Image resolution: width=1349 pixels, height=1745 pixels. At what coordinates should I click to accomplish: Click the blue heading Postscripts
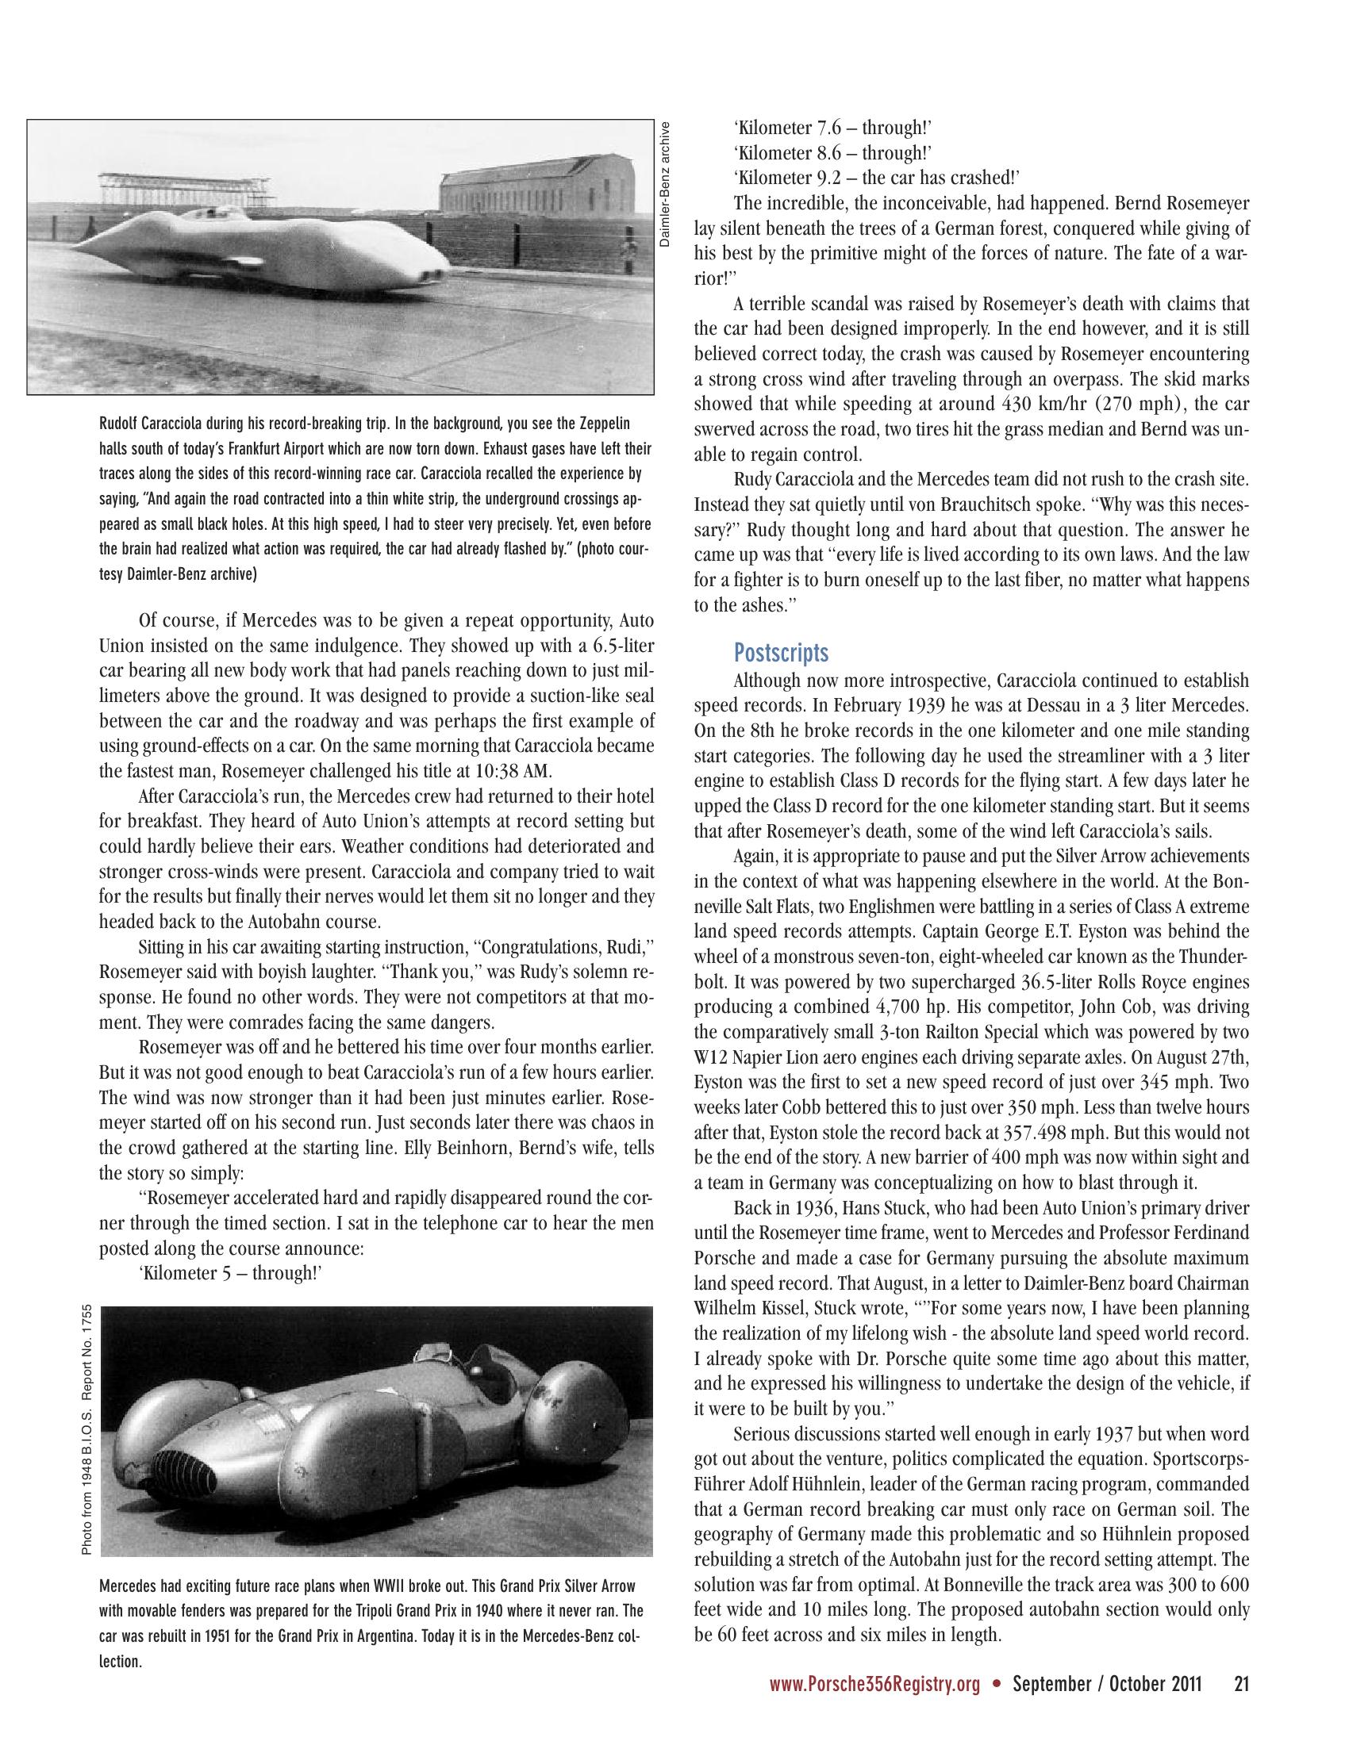(781, 653)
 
